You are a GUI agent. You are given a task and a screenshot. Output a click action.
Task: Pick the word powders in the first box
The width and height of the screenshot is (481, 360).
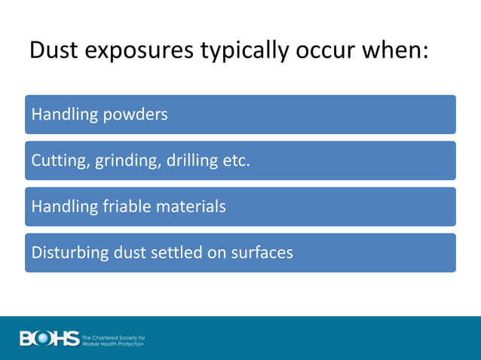136,114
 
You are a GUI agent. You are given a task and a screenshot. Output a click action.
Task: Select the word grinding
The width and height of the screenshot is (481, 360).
125,161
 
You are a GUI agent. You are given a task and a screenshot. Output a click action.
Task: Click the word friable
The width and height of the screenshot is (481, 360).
121,206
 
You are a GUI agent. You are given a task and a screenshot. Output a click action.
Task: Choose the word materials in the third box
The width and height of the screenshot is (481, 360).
188,206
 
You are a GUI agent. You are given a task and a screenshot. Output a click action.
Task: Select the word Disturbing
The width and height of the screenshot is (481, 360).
67,252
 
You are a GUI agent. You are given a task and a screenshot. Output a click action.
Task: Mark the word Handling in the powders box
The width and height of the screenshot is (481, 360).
65,114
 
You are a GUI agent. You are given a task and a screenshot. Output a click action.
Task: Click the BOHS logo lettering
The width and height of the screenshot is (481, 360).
50,339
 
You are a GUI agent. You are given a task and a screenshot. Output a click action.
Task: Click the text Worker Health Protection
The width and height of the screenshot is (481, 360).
113,343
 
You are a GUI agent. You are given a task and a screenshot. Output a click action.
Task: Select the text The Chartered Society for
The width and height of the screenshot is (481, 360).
113,336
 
